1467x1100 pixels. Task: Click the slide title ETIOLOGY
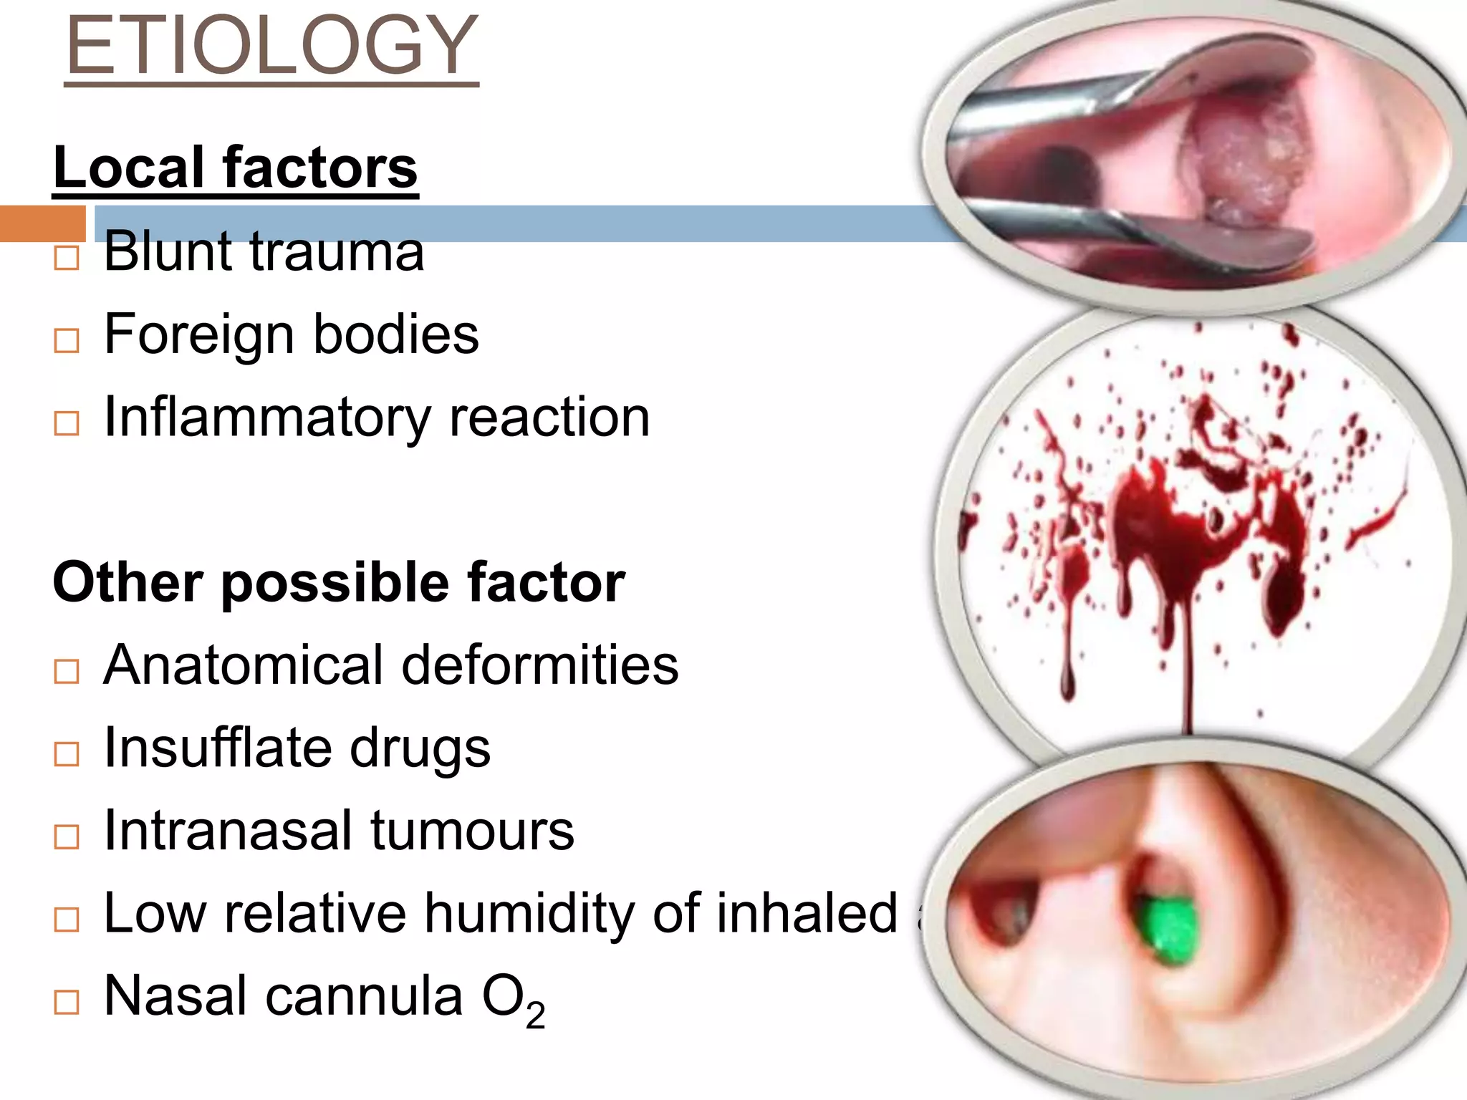271,46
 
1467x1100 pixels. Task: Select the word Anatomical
244,665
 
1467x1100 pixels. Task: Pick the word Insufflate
217,748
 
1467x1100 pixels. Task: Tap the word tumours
472,831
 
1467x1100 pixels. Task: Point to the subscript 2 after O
535,1015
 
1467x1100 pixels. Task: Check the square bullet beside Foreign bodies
67,341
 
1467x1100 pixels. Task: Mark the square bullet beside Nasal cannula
67,1002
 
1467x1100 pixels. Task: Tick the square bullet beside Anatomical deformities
67,671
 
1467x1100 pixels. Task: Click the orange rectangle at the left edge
42,223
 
